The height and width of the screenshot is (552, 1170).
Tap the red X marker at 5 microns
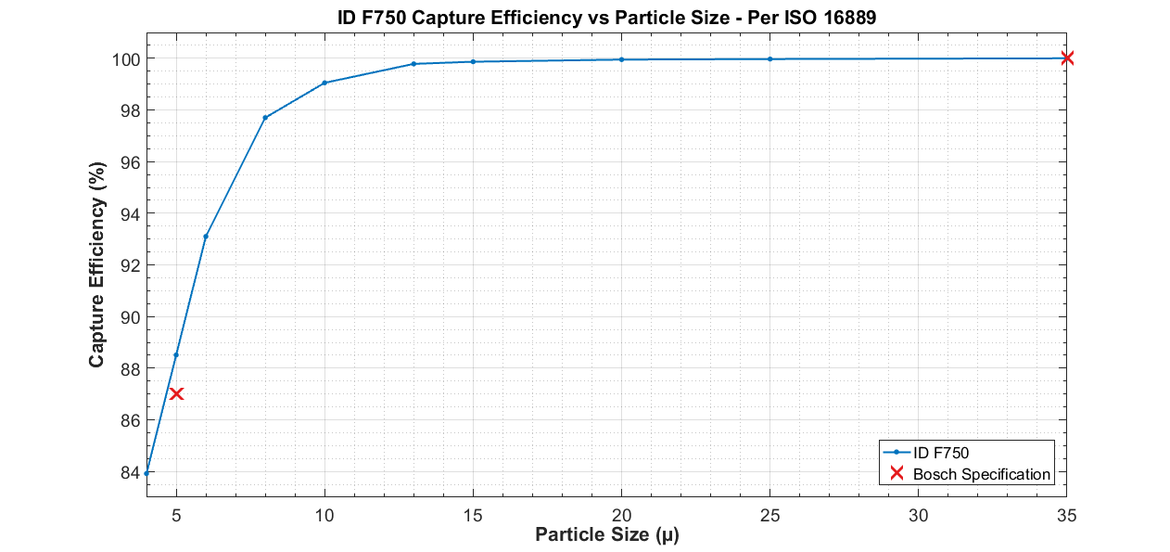[x=176, y=393]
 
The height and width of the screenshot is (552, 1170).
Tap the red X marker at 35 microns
[x=1067, y=58]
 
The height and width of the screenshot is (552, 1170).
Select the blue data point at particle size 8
[x=265, y=118]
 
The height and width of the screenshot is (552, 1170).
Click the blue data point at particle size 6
[x=206, y=237]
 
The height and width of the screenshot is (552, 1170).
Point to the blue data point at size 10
[x=324, y=83]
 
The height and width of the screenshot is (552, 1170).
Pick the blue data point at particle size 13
[x=413, y=64]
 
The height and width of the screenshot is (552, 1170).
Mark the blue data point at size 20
[x=621, y=59]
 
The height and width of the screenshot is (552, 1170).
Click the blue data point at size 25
[x=769, y=59]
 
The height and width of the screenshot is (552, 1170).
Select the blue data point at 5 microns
[x=176, y=355]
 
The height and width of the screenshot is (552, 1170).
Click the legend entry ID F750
[x=941, y=453]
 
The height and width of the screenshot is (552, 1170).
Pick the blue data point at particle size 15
[x=473, y=61]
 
